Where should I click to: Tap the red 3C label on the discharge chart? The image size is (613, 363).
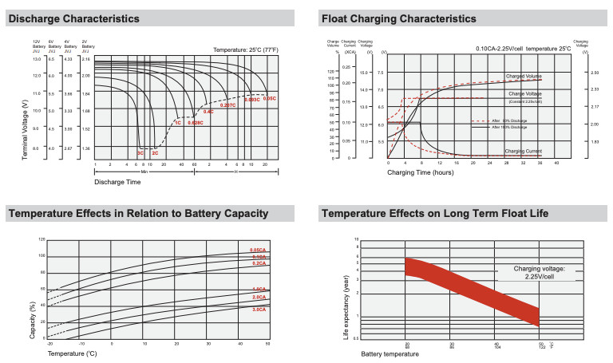point(140,152)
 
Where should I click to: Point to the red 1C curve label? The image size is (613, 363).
point(177,122)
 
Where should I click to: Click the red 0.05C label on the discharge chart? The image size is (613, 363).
point(270,98)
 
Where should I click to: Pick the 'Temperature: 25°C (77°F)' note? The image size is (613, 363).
point(246,49)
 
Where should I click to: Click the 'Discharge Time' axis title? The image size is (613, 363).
point(117,182)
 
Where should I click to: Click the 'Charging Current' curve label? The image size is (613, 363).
point(524,151)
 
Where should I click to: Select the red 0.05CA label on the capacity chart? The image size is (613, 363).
point(258,251)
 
